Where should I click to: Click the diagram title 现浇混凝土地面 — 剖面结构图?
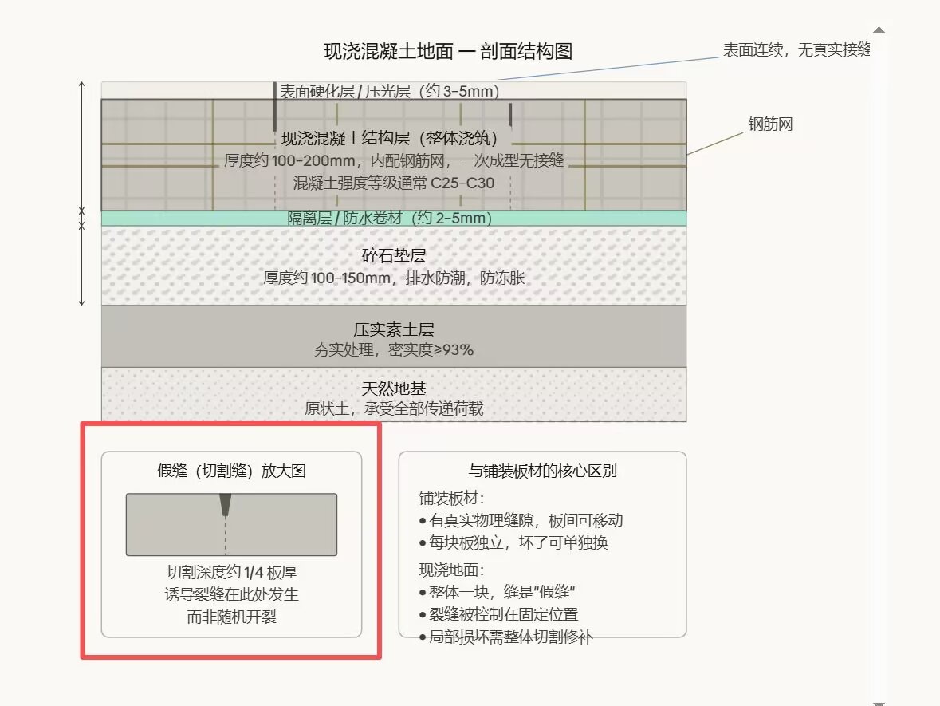447,52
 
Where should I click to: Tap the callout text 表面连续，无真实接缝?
795,50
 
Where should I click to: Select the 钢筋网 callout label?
770,124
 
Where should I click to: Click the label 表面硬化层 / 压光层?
388,91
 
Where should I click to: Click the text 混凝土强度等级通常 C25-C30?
394,183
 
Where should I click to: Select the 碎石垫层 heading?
394,256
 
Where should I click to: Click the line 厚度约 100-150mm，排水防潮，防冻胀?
394,278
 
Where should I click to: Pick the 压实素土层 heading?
394,329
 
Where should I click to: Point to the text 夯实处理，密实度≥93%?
394,349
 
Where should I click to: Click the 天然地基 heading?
394,388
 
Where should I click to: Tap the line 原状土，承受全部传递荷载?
394,409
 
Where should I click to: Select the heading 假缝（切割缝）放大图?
231,471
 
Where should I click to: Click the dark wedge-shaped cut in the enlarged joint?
226,503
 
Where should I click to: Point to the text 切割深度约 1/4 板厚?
231,573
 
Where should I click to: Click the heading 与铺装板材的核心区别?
542,471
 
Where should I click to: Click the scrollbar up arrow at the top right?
879,30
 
